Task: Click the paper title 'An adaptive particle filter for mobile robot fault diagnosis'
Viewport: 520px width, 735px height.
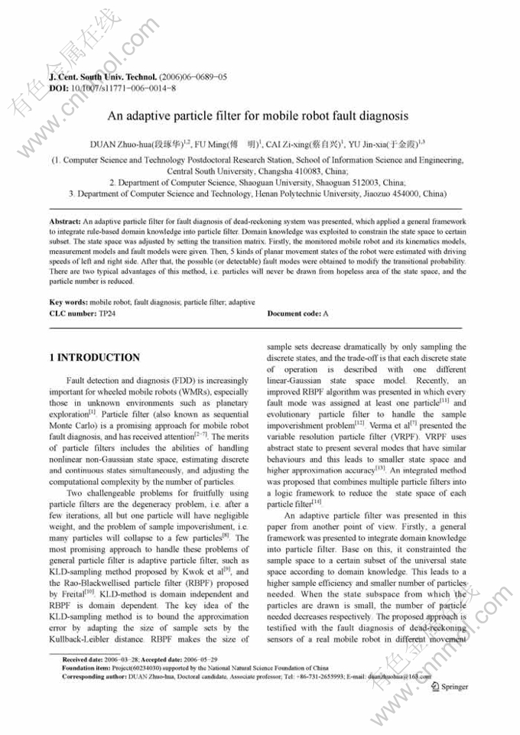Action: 257,116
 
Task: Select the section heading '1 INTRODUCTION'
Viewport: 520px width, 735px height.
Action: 94,357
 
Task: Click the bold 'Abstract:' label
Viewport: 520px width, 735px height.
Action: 64,220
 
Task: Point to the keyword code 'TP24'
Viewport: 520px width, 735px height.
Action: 107,314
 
